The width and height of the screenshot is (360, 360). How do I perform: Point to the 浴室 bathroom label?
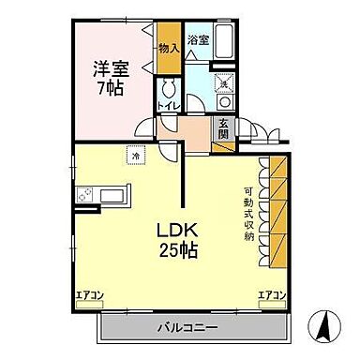(x=197, y=40)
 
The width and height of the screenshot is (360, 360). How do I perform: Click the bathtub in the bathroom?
(x=224, y=41)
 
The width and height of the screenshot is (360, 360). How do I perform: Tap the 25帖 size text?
(x=172, y=250)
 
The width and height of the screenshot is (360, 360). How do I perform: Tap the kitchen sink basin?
(x=112, y=196)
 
